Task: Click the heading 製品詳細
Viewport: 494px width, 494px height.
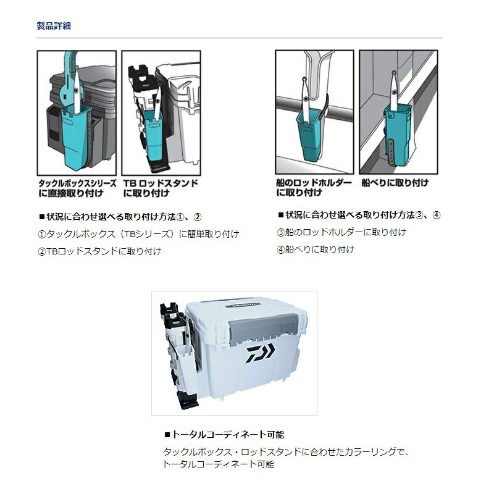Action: click(54, 25)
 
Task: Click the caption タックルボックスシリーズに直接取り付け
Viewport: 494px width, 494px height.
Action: click(78, 188)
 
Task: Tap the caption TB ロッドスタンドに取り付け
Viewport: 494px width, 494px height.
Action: click(161, 188)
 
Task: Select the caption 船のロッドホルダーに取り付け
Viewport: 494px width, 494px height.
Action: click(314, 188)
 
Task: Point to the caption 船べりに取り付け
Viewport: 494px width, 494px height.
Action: click(395, 183)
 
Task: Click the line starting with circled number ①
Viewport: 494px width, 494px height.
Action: click(138, 234)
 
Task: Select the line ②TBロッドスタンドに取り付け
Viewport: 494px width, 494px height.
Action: click(99, 251)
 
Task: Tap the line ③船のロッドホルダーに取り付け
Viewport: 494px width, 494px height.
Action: click(341, 233)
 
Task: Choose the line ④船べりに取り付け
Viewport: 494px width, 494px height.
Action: click(316, 249)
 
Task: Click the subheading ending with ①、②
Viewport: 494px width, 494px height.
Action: click(120, 217)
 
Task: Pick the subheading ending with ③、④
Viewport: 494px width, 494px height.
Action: click(359, 215)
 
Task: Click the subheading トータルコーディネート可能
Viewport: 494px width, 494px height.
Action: click(224, 435)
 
